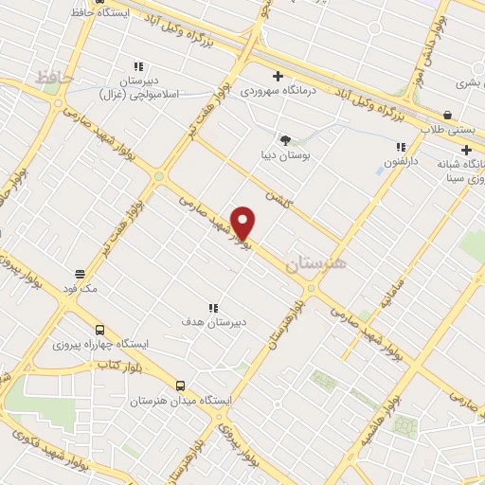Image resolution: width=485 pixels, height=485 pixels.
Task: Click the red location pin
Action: point(243,222)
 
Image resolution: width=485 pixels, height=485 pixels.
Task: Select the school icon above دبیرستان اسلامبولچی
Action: point(138,67)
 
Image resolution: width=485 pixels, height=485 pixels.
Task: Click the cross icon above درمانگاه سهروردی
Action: point(278,76)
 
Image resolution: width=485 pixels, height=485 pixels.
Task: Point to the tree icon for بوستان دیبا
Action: point(285,139)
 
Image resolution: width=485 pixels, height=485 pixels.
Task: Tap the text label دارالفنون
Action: point(401,162)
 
